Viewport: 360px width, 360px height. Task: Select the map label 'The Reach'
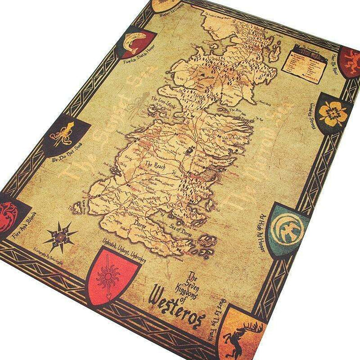156,165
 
